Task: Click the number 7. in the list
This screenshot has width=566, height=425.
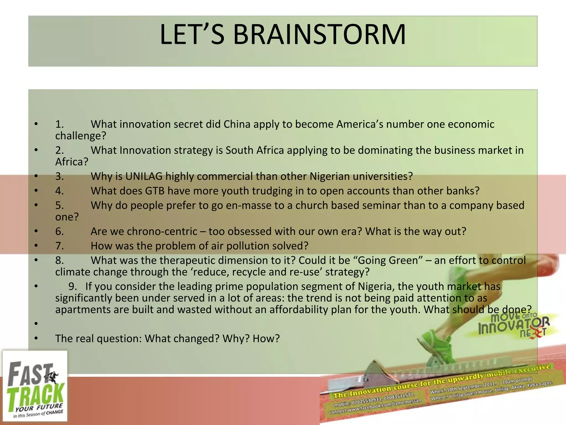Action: [x=59, y=246]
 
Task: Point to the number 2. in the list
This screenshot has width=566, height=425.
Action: [x=59, y=150]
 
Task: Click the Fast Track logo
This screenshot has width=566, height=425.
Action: [x=35, y=386]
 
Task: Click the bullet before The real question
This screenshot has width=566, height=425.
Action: [x=36, y=338]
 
